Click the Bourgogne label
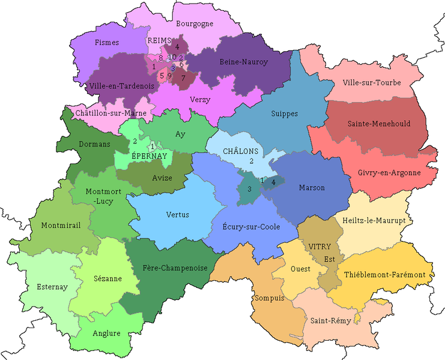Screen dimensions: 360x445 point(195,25)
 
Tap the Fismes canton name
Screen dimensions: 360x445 point(107,43)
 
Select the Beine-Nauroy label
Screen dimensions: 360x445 point(244,61)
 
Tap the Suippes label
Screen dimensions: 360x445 point(284,114)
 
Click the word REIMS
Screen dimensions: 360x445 point(160,40)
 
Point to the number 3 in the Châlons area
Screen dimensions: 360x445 point(249,190)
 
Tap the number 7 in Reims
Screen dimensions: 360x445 point(183,78)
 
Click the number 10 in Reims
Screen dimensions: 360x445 point(172,56)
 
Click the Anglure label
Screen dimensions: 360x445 point(107,334)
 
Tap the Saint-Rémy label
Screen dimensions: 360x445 point(327,320)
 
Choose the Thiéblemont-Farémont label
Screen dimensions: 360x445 point(384,275)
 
